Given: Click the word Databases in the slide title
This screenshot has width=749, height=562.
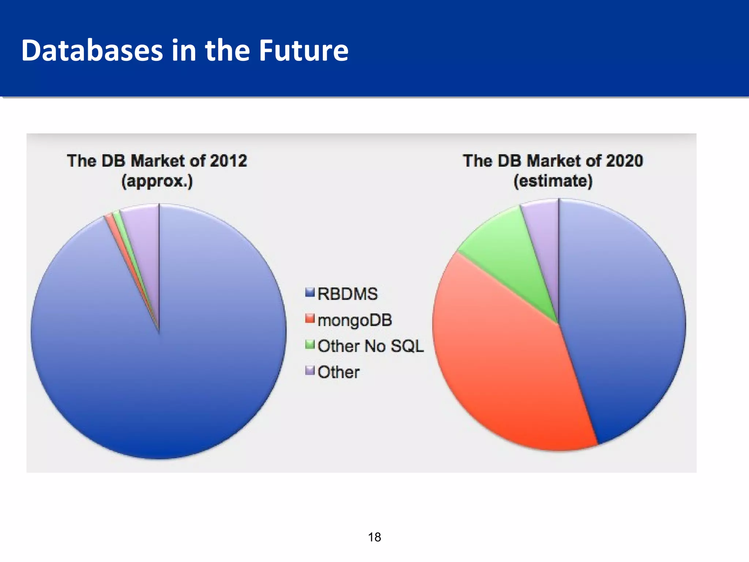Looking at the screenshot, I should (x=92, y=50).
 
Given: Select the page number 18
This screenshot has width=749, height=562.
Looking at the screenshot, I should (x=374, y=537).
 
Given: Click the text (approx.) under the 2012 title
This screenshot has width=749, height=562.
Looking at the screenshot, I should (x=157, y=181).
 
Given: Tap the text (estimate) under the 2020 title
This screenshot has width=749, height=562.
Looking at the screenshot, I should (x=553, y=181).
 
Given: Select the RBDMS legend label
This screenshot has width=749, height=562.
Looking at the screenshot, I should (x=347, y=294).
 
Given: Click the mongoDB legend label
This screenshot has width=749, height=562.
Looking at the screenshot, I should (x=355, y=320).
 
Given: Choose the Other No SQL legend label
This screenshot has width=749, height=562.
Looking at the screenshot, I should (x=370, y=346).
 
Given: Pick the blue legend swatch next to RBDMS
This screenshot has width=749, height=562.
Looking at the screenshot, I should (x=310, y=292).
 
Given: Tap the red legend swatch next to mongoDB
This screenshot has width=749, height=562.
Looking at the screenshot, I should (x=310, y=318).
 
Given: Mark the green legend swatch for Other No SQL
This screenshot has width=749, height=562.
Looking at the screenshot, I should (x=310, y=345).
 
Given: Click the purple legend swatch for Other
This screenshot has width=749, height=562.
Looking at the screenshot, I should (x=310, y=371).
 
